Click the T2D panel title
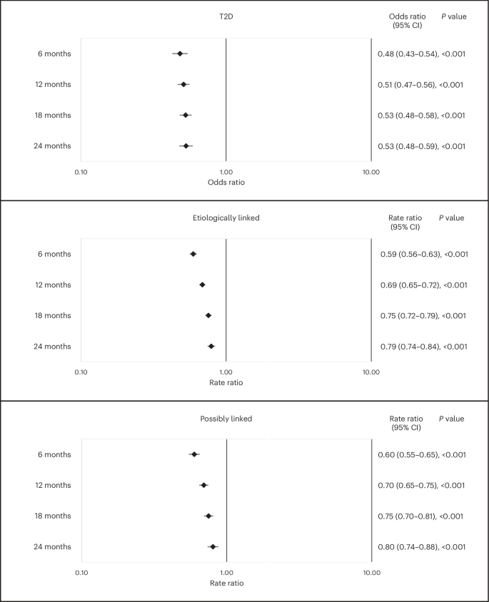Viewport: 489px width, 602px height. pos(226,16)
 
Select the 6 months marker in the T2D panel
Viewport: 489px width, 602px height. pos(180,53)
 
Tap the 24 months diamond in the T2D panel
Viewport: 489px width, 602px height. pos(186,146)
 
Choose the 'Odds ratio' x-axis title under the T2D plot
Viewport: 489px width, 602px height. pos(226,183)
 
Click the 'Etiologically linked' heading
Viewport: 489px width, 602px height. pos(226,218)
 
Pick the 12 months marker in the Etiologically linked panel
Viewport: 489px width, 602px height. pos(203,285)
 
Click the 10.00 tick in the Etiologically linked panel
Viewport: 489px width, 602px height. pos(370,372)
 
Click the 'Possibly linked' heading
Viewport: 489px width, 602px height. pos(226,418)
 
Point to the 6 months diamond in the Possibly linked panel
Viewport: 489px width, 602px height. pos(194,454)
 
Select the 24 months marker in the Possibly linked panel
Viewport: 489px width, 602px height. pos(213,546)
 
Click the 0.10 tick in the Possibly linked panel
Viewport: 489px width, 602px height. pos(81,572)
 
